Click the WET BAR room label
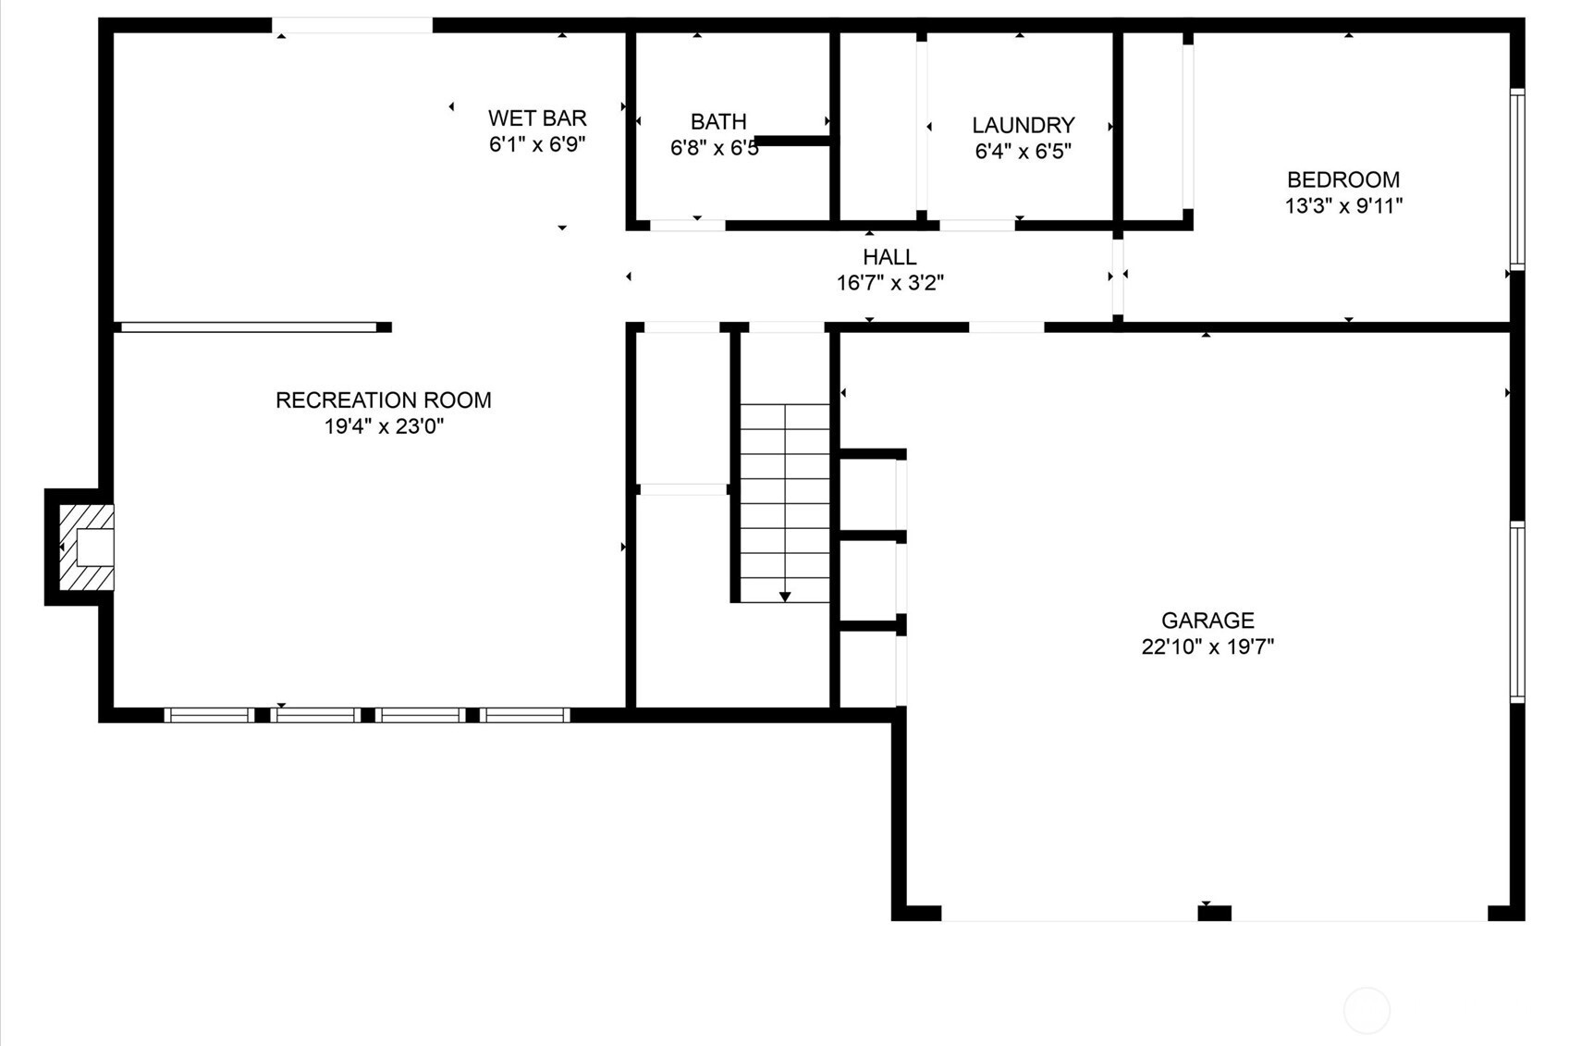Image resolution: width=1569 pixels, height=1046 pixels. (537, 117)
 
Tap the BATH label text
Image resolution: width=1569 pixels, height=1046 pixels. (718, 122)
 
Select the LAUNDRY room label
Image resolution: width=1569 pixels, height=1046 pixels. (1024, 126)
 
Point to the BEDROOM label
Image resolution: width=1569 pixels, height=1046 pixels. (1343, 180)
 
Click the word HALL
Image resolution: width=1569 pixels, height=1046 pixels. (889, 257)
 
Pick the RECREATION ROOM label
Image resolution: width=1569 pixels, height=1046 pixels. (384, 400)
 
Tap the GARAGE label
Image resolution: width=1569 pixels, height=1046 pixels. (1207, 620)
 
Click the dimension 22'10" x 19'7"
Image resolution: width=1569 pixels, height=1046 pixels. (1207, 646)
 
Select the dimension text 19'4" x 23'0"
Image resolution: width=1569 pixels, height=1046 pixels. (384, 426)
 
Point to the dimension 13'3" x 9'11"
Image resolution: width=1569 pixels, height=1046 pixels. (1343, 206)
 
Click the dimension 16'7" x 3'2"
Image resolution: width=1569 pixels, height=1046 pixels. (890, 283)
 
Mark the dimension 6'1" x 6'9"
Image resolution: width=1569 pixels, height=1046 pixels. (537, 144)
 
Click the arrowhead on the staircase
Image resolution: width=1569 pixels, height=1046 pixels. (785, 597)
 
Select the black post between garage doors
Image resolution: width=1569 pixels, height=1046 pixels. (1214, 913)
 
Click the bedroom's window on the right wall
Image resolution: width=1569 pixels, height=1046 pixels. (1517, 179)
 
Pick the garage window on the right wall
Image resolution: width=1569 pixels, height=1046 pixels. (1517, 611)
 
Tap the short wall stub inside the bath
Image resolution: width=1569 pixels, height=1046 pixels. (793, 141)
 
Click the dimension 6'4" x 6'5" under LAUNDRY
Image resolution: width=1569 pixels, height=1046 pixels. (1024, 152)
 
